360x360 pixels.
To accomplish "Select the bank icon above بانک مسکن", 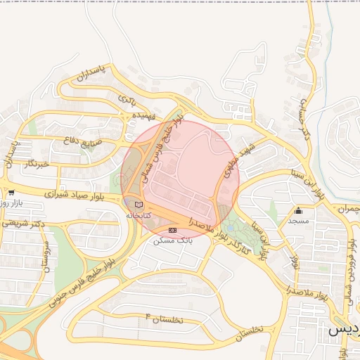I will tap(173, 230).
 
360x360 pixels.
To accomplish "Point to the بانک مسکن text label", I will tap(173, 240).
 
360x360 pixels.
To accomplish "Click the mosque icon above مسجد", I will tap(299, 210).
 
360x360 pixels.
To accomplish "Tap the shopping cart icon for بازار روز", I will tap(11, 192).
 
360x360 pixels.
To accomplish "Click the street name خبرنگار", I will tap(39, 163).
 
